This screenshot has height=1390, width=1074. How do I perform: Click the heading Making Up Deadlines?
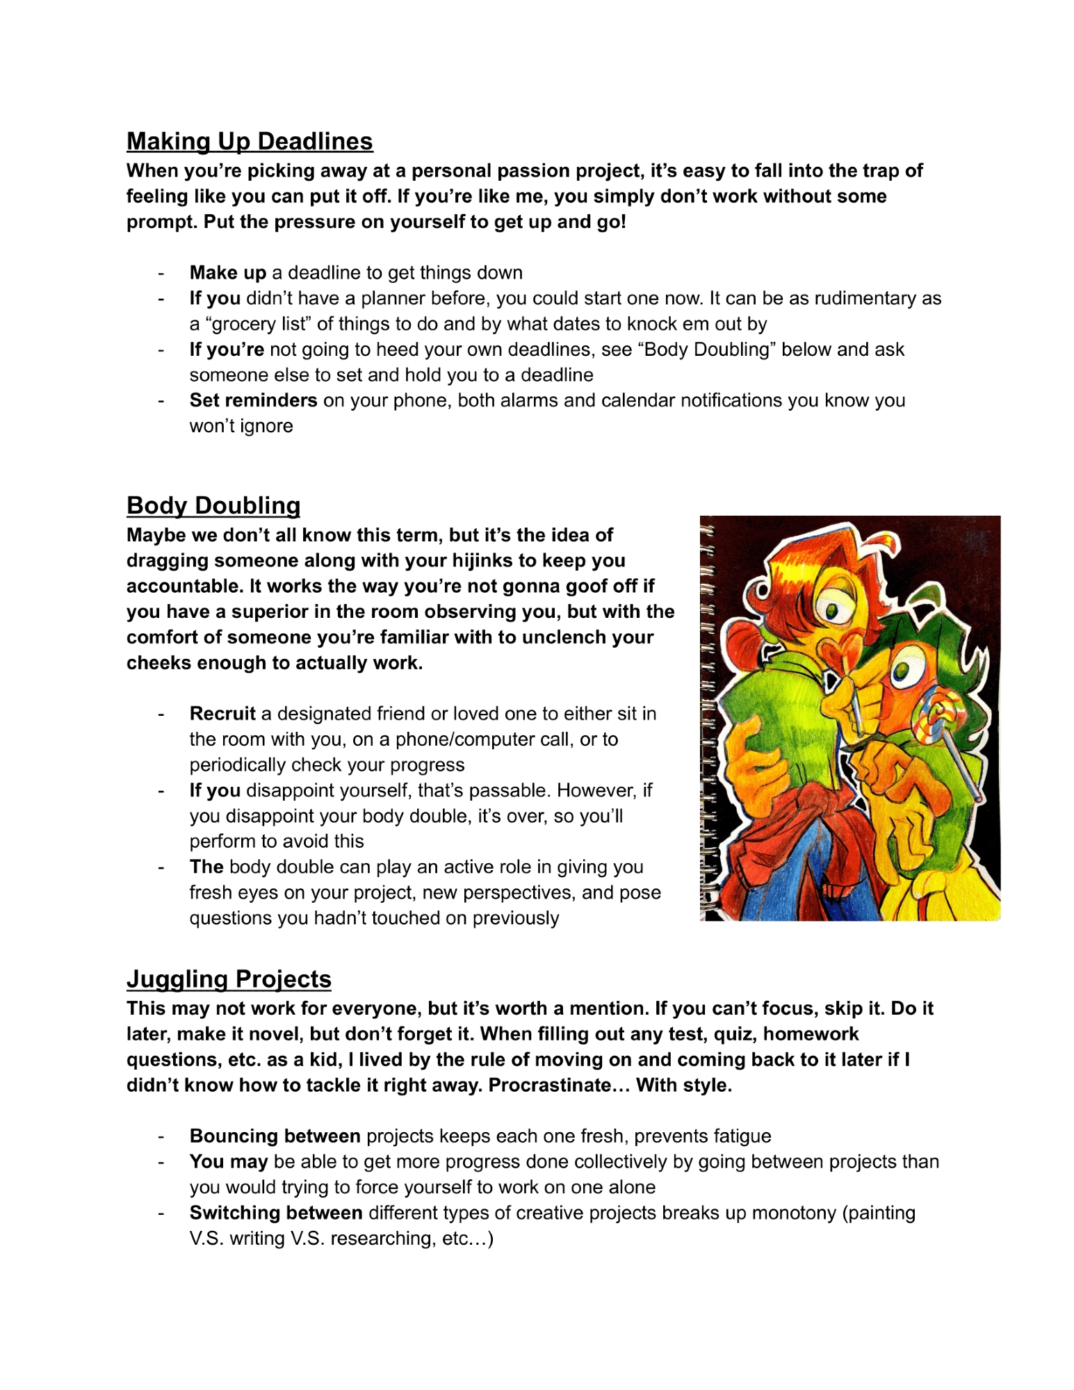[250, 141]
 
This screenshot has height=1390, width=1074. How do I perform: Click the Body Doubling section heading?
[213, 505]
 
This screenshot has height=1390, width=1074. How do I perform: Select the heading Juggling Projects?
[229, 979]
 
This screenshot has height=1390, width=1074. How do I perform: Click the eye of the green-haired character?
[901, 672]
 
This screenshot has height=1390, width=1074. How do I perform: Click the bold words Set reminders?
[253, 400]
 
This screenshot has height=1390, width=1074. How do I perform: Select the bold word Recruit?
[222, 714]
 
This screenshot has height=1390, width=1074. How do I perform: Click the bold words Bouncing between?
[275, 1136]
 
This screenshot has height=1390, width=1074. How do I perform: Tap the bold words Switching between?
[276, 1213]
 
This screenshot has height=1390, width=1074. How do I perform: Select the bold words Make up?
[228, 272]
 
